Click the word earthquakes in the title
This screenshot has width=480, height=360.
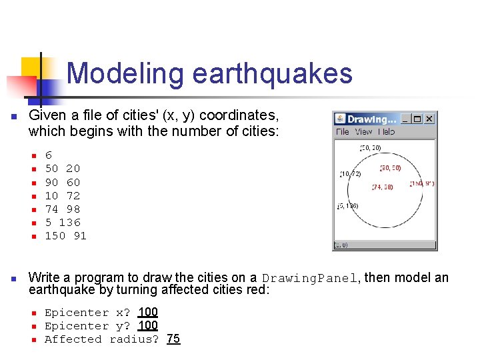coord(272,73)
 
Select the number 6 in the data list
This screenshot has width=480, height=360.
coord(49,155)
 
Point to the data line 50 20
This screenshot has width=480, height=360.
coord(62,169)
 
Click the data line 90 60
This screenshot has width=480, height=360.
coord(62,182)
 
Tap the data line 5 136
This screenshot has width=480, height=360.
coord(62,222)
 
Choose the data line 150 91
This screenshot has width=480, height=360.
coord(65,236)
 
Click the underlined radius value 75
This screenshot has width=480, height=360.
coord(173,339)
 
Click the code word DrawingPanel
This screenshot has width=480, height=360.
coord(310,279)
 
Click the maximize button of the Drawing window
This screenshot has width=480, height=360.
coord(417,119)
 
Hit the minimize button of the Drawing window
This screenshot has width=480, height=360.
coord(405,119)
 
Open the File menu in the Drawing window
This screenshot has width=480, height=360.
coord(343,131)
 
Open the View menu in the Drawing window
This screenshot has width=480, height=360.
coord(363,131)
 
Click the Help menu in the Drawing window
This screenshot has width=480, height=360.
coord(385,131)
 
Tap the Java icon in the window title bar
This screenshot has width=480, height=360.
coord(340,119)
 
